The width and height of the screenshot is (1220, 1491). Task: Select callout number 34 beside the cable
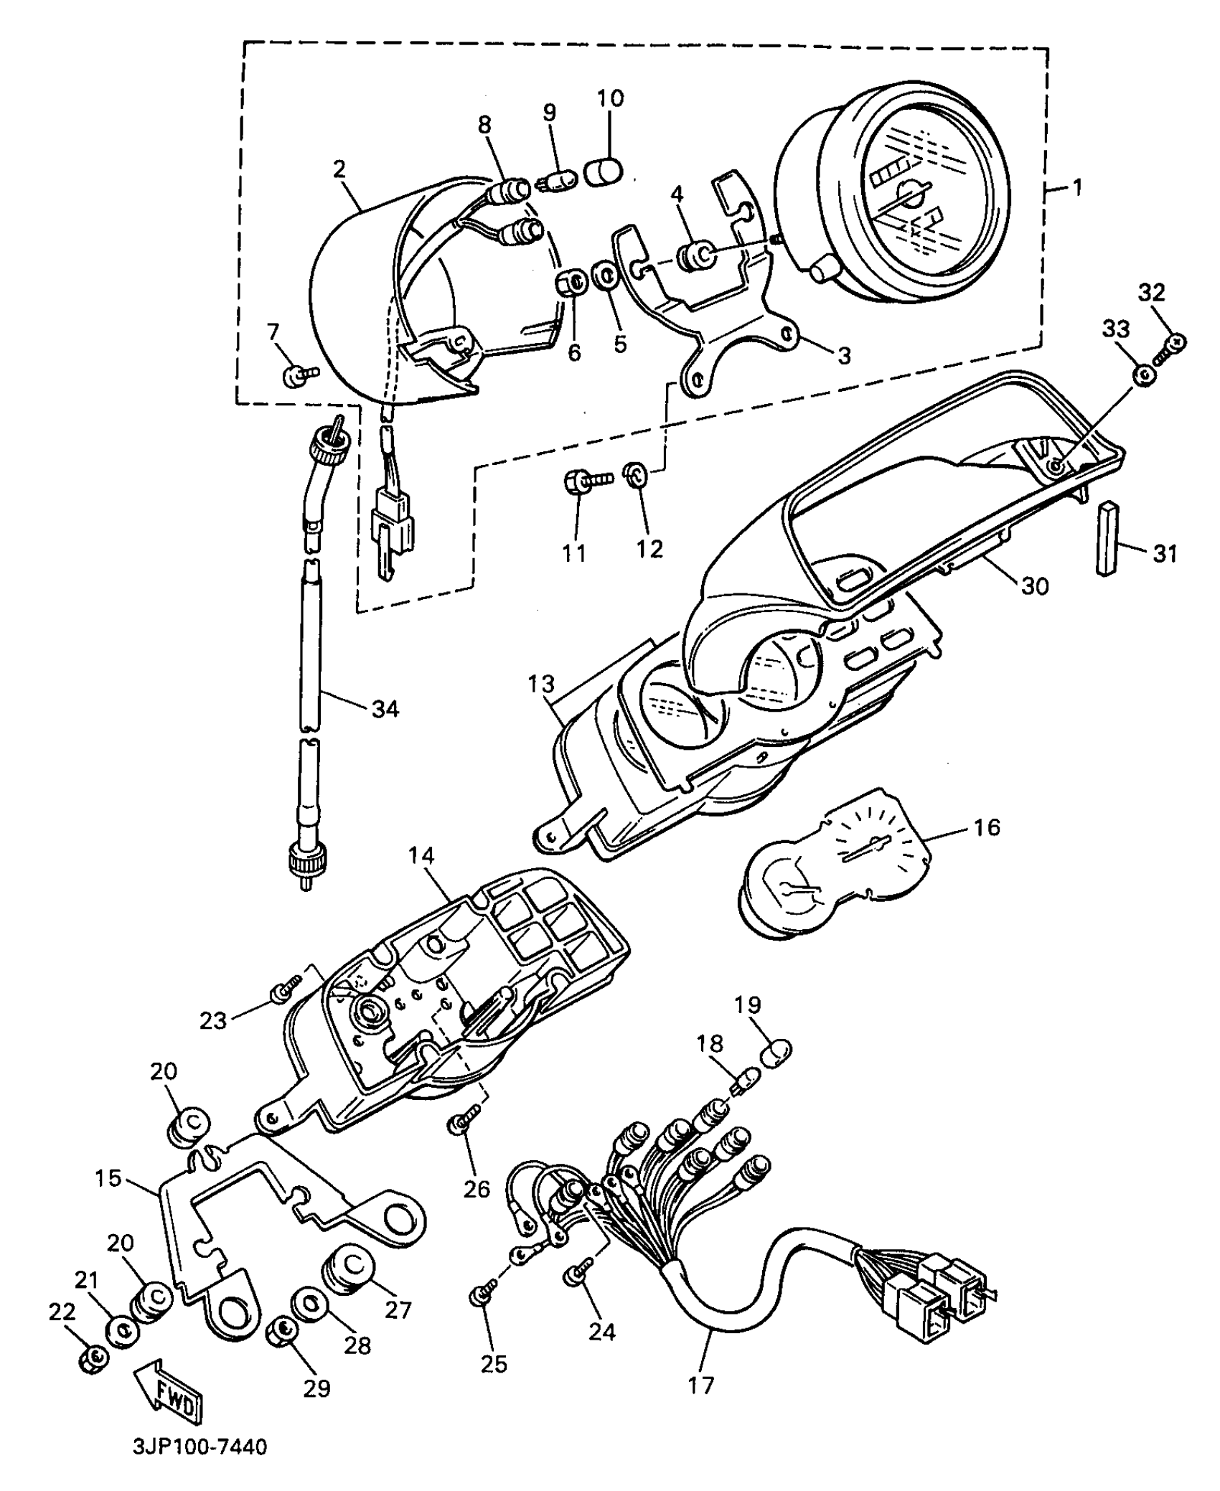coord(385,709)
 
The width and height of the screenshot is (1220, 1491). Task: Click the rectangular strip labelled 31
coord(1108,538)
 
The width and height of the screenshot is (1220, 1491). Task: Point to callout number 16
coord(987,827)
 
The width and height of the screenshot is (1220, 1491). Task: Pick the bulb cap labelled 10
coord(604,173)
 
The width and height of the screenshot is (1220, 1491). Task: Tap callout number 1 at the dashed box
coord(1076,188)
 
